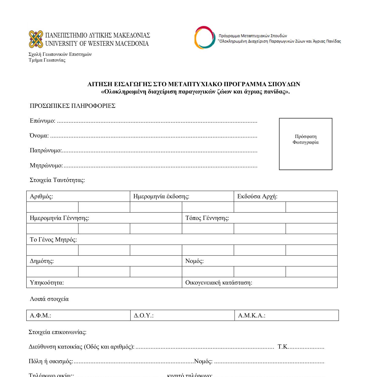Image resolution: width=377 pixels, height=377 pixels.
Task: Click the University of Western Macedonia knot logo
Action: point(36,39)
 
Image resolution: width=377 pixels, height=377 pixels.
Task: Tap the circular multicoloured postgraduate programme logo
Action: point(205,38)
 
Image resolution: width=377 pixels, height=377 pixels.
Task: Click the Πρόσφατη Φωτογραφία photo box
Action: point(305,144)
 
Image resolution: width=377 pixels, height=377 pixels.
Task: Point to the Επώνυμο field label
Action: point(42,121)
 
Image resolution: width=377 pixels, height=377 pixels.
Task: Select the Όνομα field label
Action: point(39,136)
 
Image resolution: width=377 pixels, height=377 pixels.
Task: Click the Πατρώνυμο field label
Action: point(45,151)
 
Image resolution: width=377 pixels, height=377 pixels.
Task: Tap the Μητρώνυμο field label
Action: point(46,166)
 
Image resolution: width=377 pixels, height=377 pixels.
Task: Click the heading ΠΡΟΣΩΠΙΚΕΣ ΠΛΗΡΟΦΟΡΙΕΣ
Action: point(72,106)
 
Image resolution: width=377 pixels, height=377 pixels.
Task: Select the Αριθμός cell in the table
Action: point(78,196)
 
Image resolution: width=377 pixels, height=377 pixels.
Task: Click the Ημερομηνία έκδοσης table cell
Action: point(182,196)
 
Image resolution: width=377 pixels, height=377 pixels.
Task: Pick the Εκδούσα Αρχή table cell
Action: point(286,196)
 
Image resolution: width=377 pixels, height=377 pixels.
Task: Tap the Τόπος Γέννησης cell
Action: point(259,218)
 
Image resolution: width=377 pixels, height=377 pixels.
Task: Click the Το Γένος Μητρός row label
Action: point(53,240)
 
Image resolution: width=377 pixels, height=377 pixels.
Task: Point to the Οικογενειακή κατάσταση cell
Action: point(259,282)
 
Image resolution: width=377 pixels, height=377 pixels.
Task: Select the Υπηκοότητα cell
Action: point(104,282)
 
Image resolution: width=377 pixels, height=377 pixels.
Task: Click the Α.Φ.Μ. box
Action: point(78,315)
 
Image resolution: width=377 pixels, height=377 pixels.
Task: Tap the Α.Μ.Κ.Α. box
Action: point(287,315)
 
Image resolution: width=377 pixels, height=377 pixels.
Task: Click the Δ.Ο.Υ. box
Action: point(182,315)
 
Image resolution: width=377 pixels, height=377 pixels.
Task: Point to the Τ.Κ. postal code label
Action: point(283,347)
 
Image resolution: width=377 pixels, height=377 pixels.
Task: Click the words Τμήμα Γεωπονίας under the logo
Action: point(47,60)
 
